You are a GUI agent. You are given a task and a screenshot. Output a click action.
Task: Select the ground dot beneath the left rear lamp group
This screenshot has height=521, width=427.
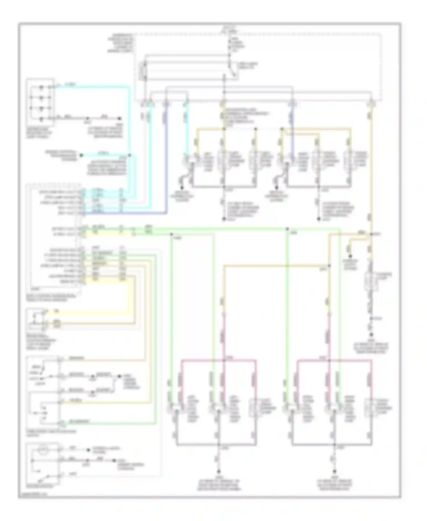tap(219, 472)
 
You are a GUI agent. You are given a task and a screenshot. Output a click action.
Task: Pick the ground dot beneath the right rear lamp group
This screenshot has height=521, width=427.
tap(334, 472)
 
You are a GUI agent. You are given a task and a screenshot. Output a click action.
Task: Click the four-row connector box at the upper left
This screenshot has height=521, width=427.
tap(40, 102)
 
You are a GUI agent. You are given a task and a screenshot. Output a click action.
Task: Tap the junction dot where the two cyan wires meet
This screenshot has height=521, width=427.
tap(130, 155)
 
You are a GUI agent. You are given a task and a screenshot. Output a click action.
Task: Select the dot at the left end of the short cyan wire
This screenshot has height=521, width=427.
tap(81, 155)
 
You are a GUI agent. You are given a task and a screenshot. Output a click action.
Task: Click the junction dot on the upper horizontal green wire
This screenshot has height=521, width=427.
tap(288, 229)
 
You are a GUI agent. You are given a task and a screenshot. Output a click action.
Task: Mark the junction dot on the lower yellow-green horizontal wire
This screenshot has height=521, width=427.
tap(172, 234)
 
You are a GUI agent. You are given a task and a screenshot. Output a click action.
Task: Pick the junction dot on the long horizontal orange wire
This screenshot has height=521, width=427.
tap(329, 266)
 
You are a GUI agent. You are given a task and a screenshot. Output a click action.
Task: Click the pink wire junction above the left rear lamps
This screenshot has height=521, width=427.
tap(224, 360)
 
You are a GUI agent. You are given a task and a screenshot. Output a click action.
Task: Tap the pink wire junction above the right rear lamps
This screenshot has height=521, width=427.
tap(329, 360)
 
